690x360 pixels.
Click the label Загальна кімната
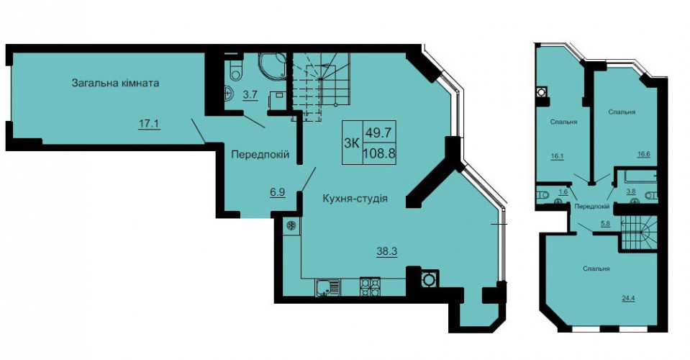point(115,83)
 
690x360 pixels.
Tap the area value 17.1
point(149,124)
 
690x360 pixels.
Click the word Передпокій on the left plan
point(260,155)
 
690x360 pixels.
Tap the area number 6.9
point(278,192)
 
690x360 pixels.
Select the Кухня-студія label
point(355,199)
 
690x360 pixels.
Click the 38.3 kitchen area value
point(387,251)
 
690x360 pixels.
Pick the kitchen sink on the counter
point(327,288)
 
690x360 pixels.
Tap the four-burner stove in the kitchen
point(370,287)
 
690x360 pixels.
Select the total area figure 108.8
point(379,154)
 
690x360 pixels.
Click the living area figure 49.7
point(379,132)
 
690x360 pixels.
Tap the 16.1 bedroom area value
point(557,156)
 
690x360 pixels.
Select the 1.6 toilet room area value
point(563,192)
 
